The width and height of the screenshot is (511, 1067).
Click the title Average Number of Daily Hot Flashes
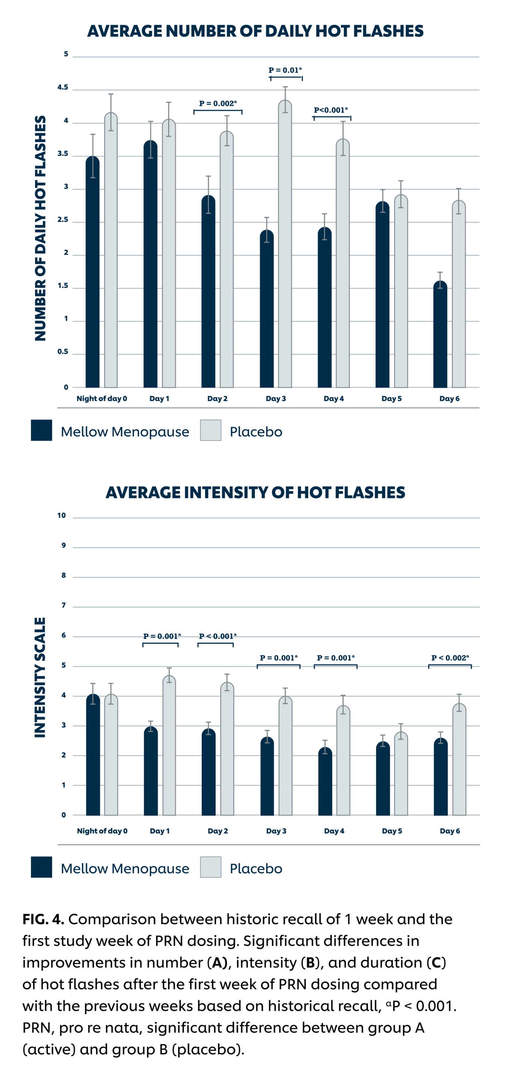coord(255,31)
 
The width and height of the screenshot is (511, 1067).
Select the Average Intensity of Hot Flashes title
coord(255,492)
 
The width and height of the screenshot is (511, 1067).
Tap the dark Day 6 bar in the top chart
coord(440,336)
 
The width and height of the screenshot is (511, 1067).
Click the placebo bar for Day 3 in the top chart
coord(285,249)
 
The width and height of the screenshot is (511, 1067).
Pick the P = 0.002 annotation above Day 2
coord(218,104)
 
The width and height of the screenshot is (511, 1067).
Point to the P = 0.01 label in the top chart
coord(285,70)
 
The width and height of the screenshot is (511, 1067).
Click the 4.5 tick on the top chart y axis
coord(63,87)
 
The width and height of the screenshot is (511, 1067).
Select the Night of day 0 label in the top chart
coord(102,399)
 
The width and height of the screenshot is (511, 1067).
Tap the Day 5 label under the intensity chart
coord(392,831)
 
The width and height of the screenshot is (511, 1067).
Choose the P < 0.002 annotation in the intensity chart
coord(450,658)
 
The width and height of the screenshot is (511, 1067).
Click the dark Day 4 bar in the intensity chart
coord(325,783)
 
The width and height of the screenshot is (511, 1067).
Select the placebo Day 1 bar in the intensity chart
coord(169,745)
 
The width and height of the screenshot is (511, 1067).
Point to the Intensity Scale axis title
coord(40,677)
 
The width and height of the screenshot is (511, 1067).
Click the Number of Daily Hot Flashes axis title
coord(40,228)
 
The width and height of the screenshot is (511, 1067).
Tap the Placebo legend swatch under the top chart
coord(211,431)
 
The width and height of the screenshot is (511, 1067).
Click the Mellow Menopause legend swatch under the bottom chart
coord(41,867)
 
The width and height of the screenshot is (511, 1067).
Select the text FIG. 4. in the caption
coord(43,920)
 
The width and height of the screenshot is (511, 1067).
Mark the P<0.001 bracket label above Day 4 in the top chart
coord(330,110)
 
